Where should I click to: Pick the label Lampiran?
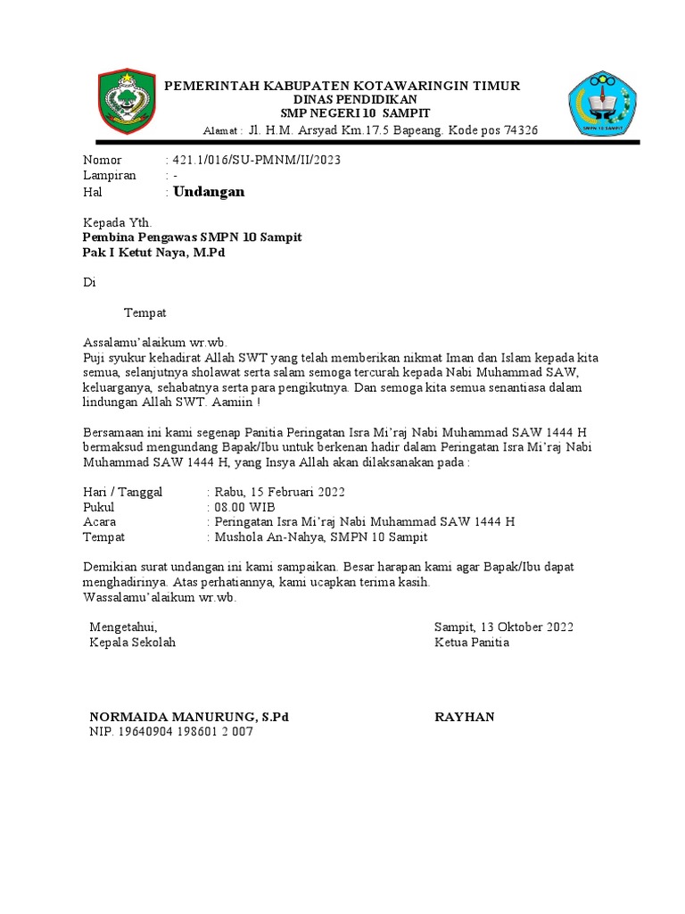click(x=109, y=176)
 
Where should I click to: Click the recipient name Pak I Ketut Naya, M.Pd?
click(x=153, y=253)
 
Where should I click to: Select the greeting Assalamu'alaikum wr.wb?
click(x=155, y=342)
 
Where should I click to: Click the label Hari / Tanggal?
click(x=122, y=492)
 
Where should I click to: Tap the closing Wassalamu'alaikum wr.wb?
click(x=159, y=597)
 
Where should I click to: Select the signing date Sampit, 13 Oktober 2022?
click(x=504, y=627)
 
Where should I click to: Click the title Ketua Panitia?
click(x=472, y=643)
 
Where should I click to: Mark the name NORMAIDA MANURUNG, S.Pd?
click(x=189, y=717)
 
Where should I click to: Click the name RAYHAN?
click(x=464, y=717)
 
